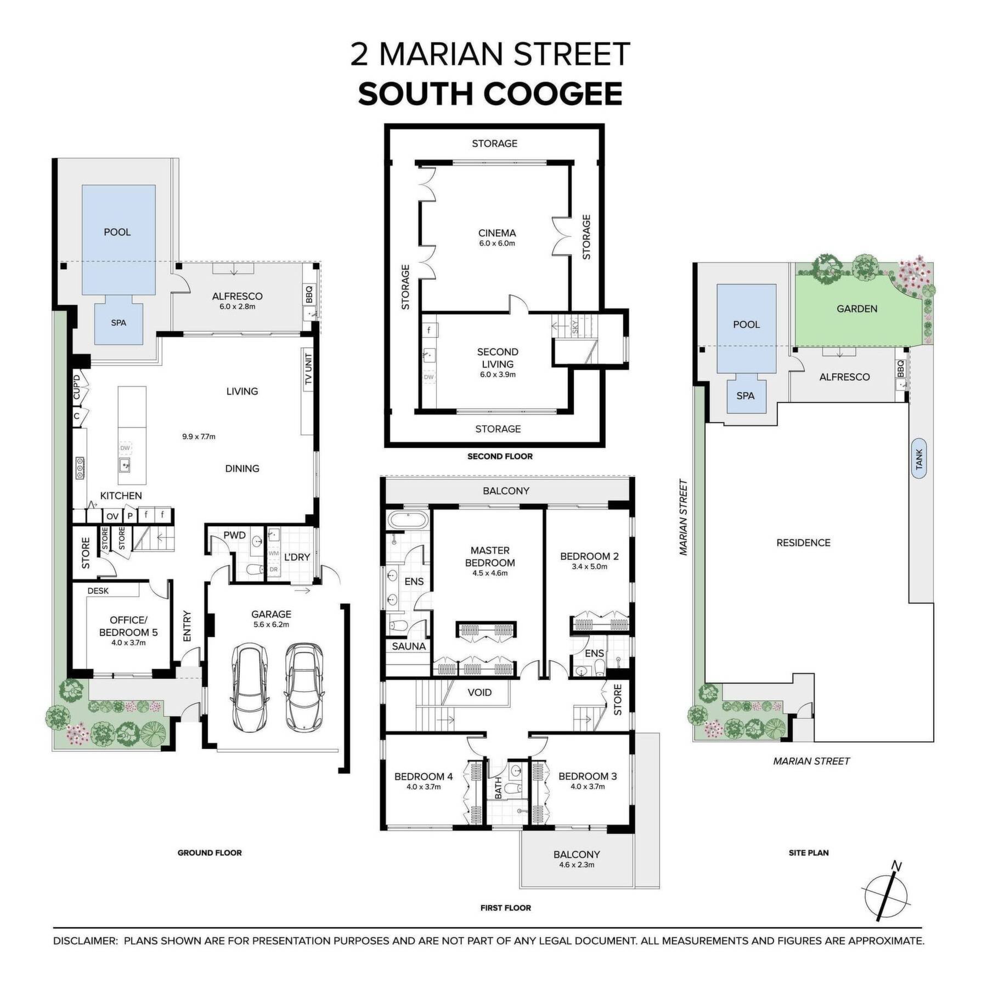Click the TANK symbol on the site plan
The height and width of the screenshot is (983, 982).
[x=919, y=458]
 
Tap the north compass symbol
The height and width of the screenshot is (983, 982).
[x=888, y=901]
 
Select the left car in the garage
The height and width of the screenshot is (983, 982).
[x=250, y=687]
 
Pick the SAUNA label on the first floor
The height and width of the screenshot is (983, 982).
[x=409, y=646]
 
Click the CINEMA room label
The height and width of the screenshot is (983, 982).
[x=497, y=233]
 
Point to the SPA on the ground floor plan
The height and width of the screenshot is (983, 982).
[x=118, y=323]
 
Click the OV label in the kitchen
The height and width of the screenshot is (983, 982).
[x=112, y=516]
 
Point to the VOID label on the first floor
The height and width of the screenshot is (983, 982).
[x=479, y=692]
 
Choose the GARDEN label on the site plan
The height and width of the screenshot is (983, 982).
[x=857, y=309]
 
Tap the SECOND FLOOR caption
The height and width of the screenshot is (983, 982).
[x=500, y=456]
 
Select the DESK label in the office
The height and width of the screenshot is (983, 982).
[x=98, y=590]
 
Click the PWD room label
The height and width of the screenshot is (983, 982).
[x=234, y=535]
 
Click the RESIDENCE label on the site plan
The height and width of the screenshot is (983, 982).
[x=803, y=543]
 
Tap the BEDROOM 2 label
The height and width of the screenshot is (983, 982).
[x=589, y=556]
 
